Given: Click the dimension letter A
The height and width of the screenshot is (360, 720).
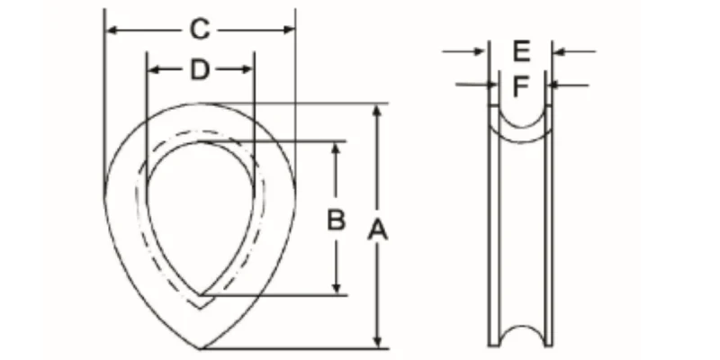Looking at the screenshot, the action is [x=378, y=230].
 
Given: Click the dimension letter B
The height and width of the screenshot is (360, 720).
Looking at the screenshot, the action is [x=336, y=220].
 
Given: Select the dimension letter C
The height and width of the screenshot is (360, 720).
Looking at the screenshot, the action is [x=200, y=30].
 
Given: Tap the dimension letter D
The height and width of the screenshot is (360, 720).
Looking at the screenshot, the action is [x=200, y=70].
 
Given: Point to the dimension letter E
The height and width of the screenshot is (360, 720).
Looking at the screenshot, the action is [x=521, y=51].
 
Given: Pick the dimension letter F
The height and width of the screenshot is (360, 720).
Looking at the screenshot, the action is [x=520, y=86].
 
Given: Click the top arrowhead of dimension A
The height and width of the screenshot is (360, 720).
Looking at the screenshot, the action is [x=377, y=111].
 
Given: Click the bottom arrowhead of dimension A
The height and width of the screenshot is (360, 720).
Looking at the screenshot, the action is [x=377, y=342].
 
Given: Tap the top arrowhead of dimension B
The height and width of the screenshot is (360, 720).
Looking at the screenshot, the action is [x=337, y=148].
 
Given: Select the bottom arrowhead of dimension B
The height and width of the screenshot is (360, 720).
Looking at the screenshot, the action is [x=337, y=287].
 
